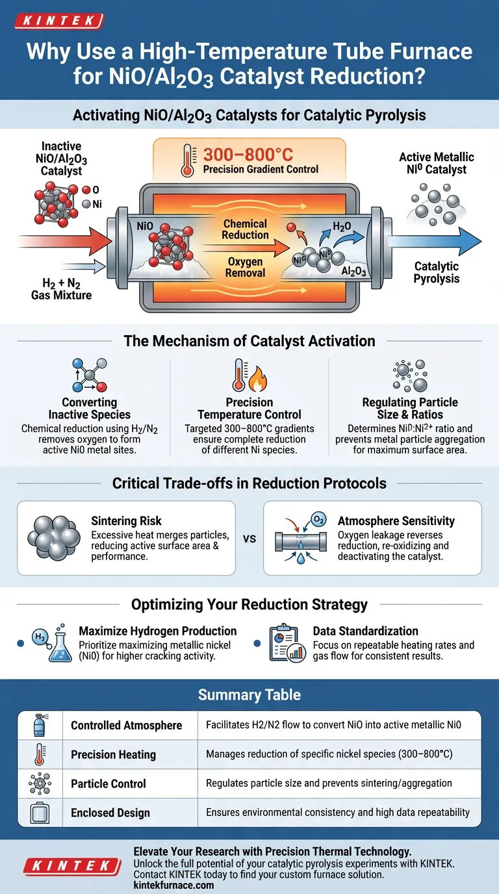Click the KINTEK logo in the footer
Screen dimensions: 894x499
click(x=72, y=865)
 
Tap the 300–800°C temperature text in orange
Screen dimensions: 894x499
click(x=249, y=155)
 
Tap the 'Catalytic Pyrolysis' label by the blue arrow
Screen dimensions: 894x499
click(x=436, y=272)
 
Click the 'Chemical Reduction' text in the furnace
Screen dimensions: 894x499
click(x=245, y=229)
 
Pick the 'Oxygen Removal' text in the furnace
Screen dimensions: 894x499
click(x=245, y=267)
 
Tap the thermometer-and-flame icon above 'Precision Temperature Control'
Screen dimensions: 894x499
click(x=249, y=376)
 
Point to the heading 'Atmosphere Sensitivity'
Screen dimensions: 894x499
click(x=396, y=520)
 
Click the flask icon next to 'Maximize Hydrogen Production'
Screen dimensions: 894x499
click(x=58, y=644)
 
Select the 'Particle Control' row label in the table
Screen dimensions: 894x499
click(x=109, y=784)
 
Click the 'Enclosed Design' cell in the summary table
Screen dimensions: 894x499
click(x=110, y=813)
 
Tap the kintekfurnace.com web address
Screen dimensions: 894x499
click(x=173, y=885)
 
